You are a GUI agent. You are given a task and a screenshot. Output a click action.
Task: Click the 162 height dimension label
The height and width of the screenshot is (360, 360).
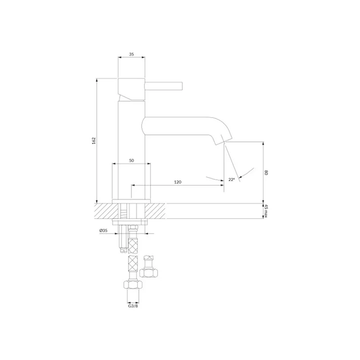pyautogui.click(x=94, y=141)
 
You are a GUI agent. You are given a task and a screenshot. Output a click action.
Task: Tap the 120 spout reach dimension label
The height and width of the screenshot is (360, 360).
pyautogui.click(x=178, y=182)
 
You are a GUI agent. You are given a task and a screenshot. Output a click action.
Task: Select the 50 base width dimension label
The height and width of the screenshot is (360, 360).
pyautogui.click(x=131, y=161)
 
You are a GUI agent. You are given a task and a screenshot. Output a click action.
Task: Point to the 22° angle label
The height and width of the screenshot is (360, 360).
pyautogui.click(x=231, y=179)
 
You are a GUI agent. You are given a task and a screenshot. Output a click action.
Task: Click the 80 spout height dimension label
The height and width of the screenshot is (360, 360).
pyautogui.click(x=266, y=173)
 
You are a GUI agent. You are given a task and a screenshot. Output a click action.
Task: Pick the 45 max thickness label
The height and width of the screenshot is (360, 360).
pyautogui.click(x=266, y=211)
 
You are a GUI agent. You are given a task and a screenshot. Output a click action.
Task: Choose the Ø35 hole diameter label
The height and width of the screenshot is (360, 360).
pyautogui.click(x=103, y=231)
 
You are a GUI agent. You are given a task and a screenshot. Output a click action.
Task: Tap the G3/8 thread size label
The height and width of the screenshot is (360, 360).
pyautogui.click(x=133, y=306)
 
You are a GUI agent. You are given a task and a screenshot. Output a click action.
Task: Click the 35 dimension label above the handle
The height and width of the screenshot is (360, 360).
pyautogui.click(x=131, y=54)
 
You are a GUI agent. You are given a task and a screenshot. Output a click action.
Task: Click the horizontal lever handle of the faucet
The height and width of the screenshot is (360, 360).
pyautogui.click(x=163, y=86)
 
